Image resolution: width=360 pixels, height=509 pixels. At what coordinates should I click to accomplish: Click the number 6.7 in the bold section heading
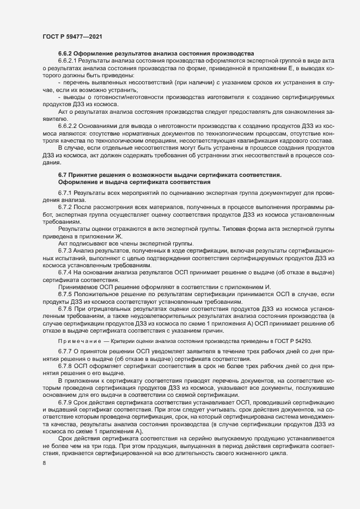pos(62,174)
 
